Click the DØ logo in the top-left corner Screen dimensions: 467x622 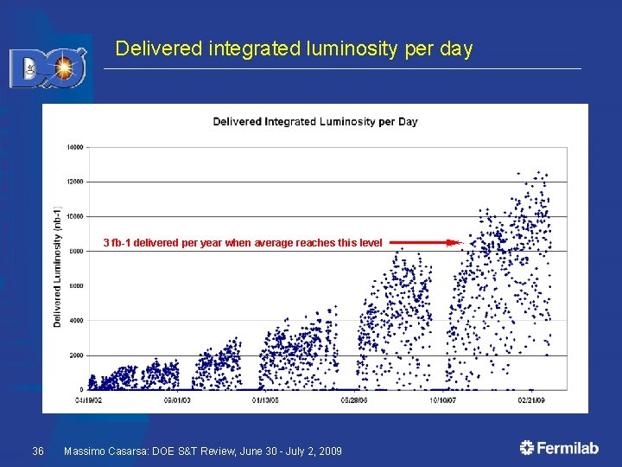click(48, 67)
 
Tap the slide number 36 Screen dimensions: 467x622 click(38, 451)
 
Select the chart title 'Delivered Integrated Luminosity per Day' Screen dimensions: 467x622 click(315, 121)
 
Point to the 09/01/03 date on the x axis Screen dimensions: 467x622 click(177, 400)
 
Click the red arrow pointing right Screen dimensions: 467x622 click(423, 244)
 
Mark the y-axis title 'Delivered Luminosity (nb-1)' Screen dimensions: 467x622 click(58, 268)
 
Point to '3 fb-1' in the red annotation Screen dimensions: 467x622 click(117, 243)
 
